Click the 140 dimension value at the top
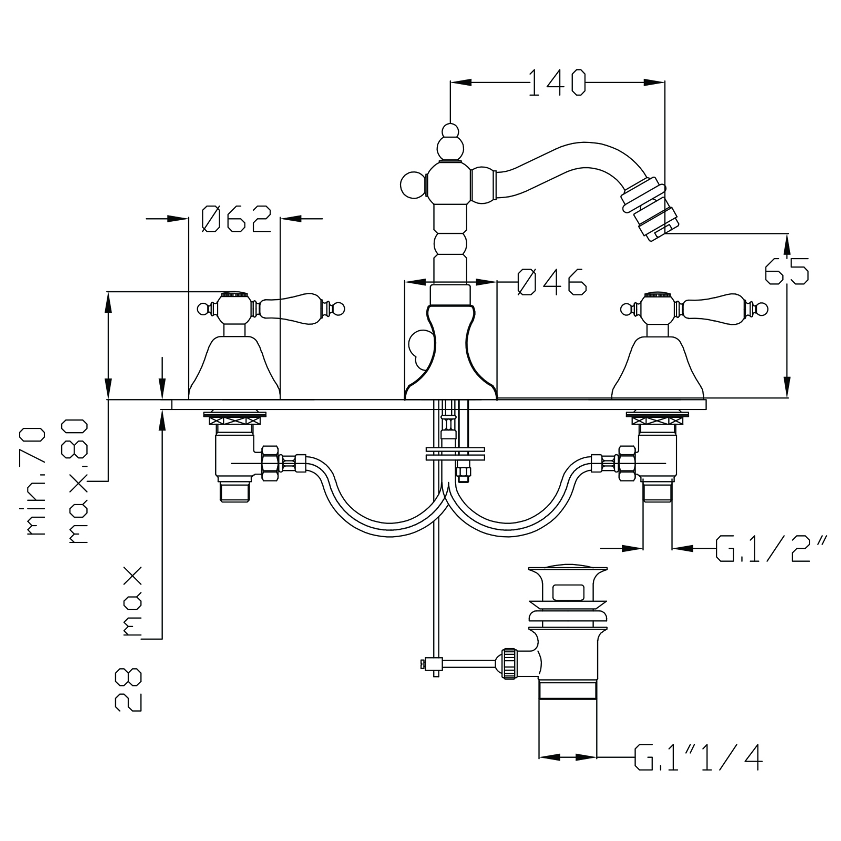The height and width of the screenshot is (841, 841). click(557, 83)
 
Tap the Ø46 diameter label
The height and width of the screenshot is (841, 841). click(551, 282)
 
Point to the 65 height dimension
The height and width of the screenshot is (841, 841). click(786, 270)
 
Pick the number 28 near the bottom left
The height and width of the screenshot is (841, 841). click(129, 690)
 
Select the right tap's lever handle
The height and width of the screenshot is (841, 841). click(710, 308)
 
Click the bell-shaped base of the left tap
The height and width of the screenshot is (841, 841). click(234, 368)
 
